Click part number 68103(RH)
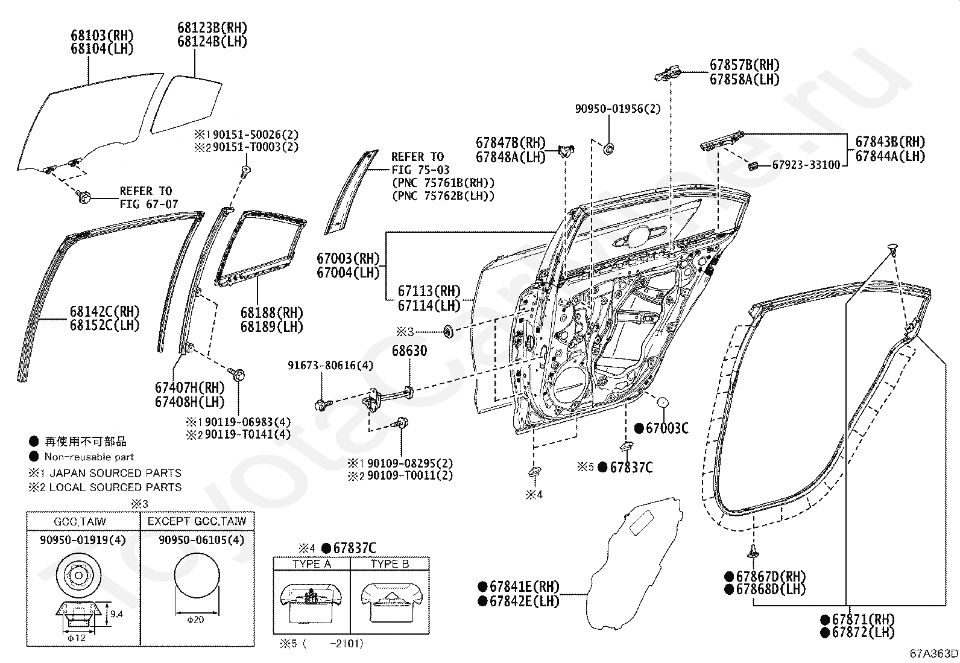(102, 35)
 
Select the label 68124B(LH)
(212, 42)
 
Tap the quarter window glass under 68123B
(186, 104)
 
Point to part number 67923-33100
(806, 165)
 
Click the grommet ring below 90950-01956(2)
(608, 149)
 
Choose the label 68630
(409, 351)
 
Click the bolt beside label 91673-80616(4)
(323, 404)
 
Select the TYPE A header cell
(312, 563)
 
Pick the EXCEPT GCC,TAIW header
(197, 521)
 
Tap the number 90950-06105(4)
(201, 539)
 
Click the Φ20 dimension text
(195, 619)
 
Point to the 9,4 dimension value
(116, 614)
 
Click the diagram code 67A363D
(934, 653)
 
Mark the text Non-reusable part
(89, 457)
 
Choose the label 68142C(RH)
(105, 311)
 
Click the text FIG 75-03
(420, 170)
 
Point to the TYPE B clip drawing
(390, 602)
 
